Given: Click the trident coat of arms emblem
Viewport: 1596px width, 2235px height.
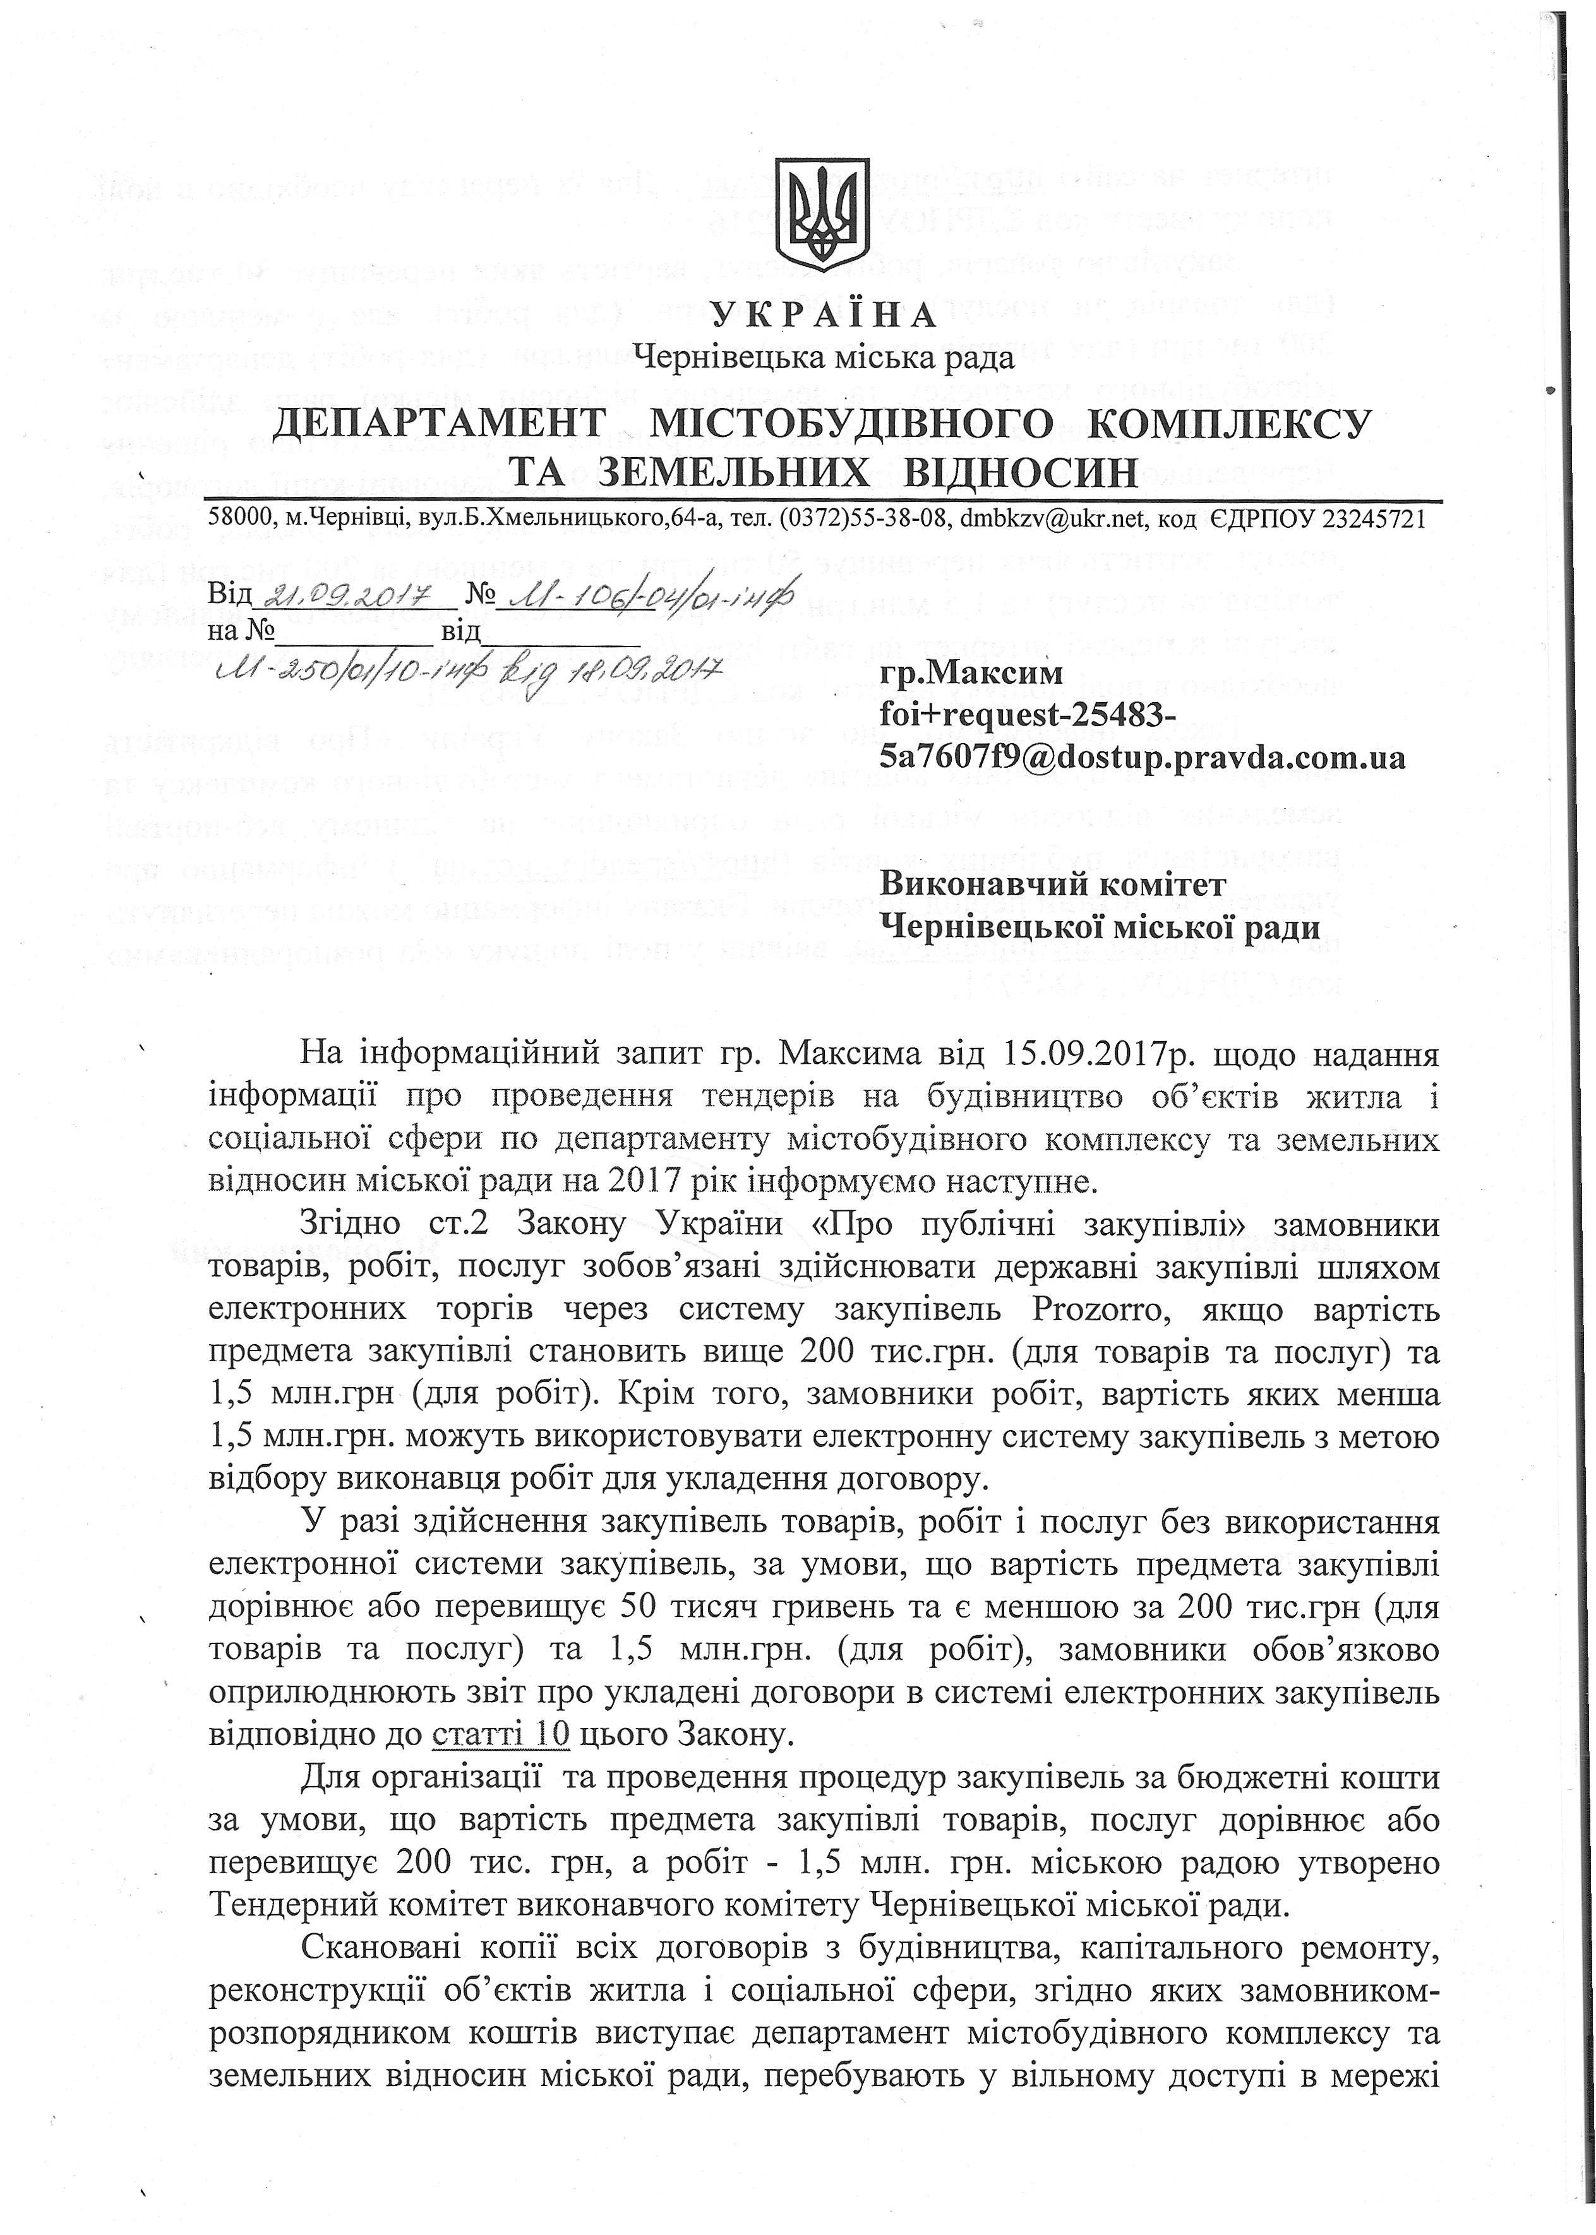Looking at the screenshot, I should click(822, 213).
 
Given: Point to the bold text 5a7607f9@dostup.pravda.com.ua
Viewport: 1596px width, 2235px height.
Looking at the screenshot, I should click(1142, 758).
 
